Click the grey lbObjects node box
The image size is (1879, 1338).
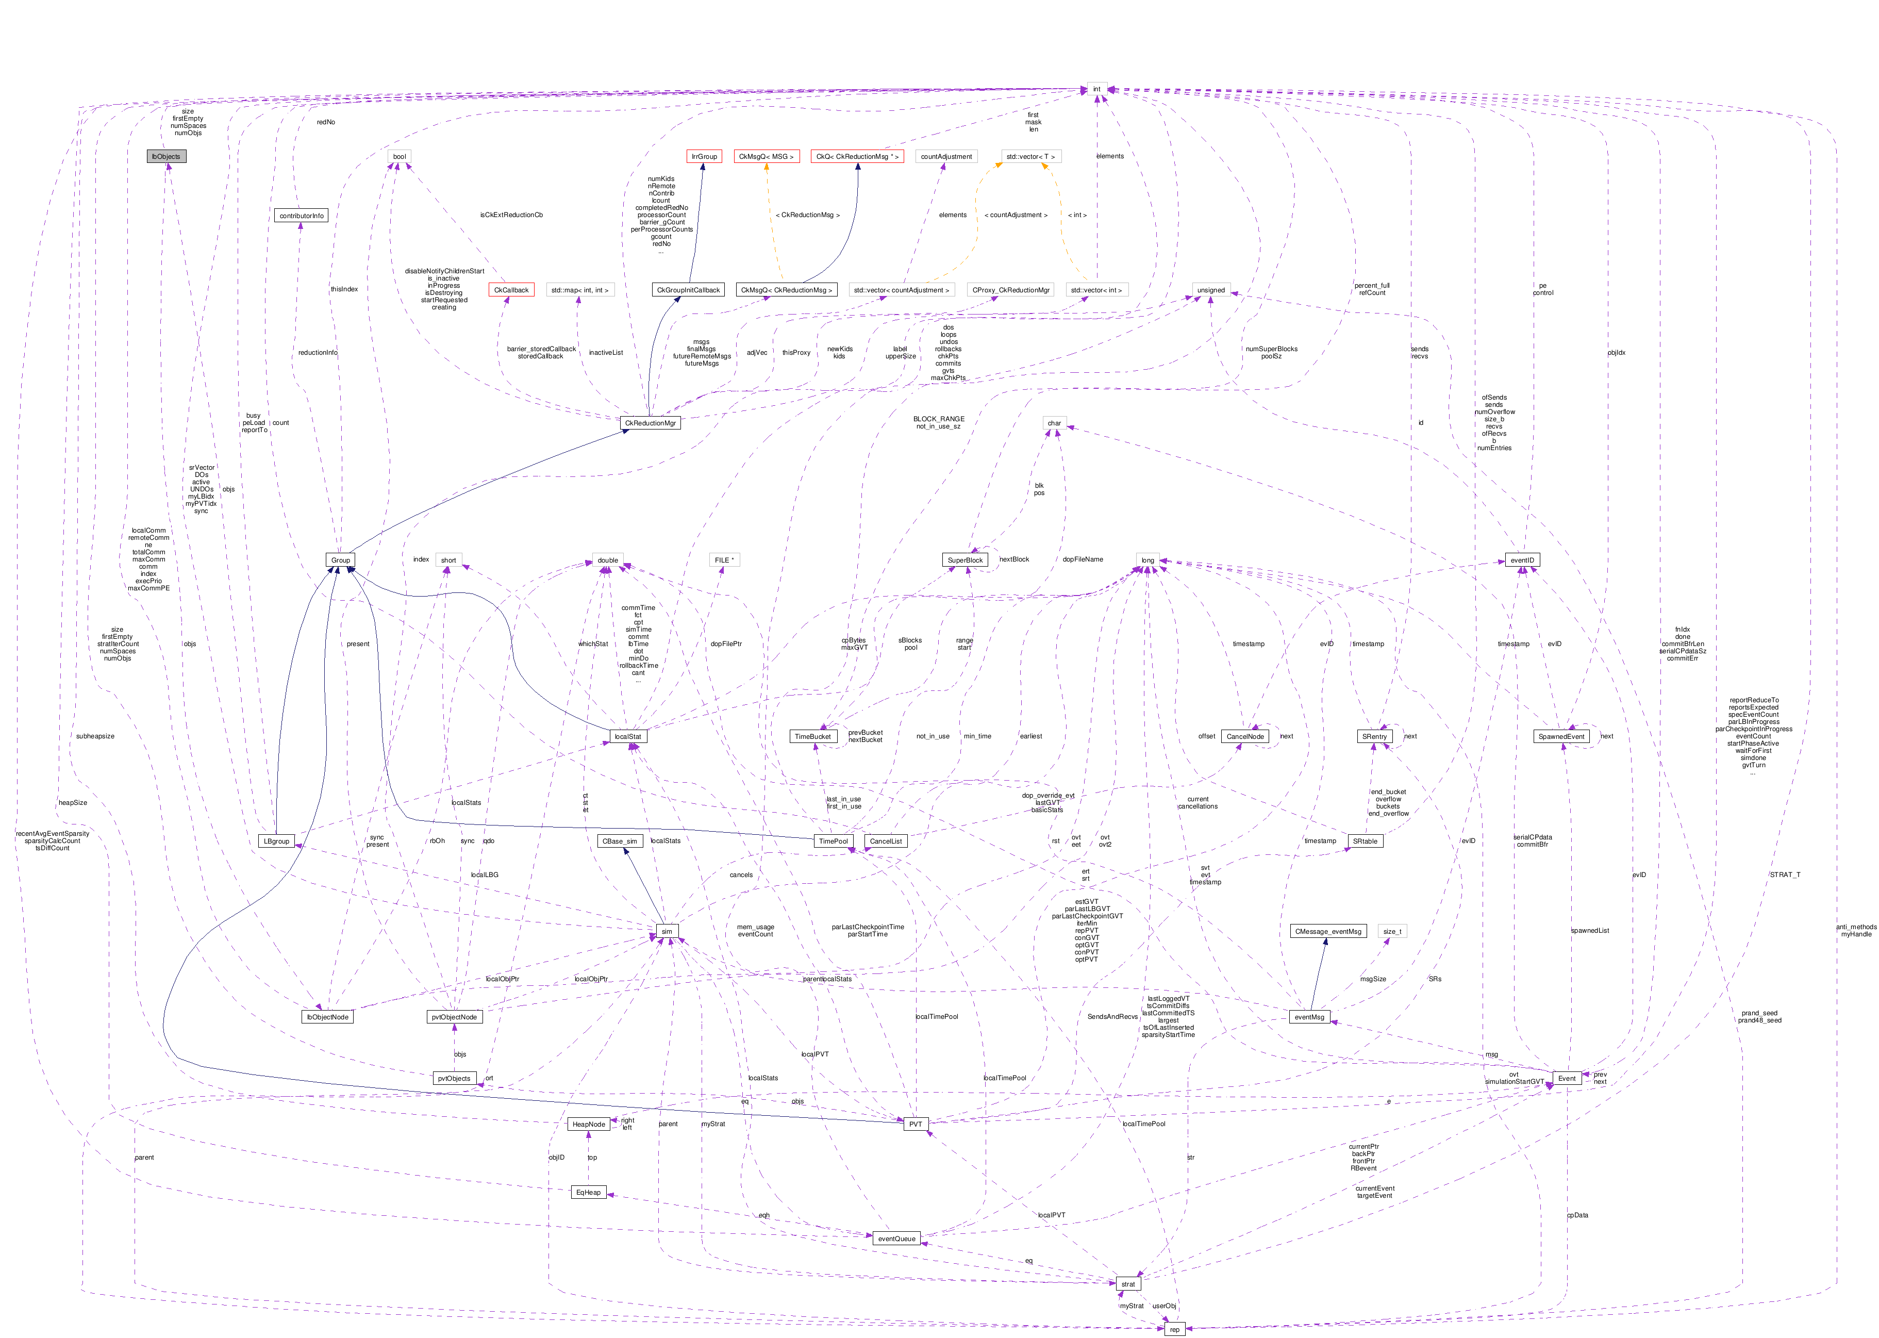point(167,157)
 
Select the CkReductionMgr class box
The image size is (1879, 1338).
point(650,423)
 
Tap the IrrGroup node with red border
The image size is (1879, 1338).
point(704,157)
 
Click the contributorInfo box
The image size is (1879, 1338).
point(302,216)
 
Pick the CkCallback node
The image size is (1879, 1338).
point(511,290)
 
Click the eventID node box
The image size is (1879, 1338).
point(1521,560)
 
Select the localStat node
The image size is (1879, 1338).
point(628,737)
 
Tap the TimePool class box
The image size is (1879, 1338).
point(833,841)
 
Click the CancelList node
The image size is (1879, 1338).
point(886,841)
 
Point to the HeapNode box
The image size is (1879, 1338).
point(588,1125)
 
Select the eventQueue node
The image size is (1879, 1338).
point(896,1239)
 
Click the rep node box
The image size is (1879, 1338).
point(1174,1330)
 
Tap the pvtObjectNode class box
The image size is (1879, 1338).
point(454,1017)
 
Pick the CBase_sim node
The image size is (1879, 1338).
point(620,841)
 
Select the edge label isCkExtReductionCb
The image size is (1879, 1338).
point(511,215)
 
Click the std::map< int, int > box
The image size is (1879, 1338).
point(579,290)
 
